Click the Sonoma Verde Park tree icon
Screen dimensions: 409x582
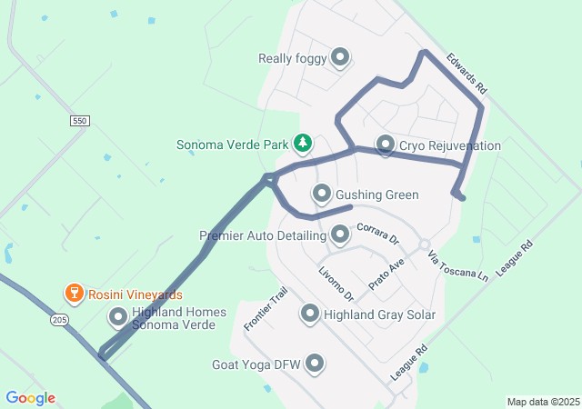(303, 144)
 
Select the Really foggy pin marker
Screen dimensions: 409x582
(341, 58)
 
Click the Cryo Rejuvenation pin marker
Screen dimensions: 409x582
(385, 145)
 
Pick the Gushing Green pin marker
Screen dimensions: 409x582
(321, 194)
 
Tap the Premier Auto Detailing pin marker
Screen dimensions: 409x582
(340, 235)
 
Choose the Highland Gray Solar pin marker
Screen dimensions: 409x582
(310, 314)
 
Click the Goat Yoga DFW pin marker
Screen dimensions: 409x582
(316, 364)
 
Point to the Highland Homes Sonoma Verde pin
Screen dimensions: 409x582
(118, 317)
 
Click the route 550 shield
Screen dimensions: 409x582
(79, 120)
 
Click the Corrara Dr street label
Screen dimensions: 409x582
(378, 234)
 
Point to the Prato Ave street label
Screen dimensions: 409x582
(386, 274)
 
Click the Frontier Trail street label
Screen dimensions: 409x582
(266, 309)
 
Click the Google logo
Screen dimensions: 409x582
(31, 398)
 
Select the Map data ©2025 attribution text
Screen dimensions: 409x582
(542, 402)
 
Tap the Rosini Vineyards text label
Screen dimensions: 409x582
(135, 294)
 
